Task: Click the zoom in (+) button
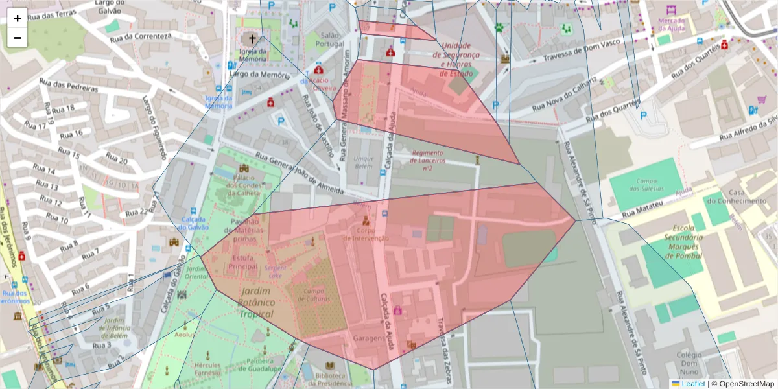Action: tap(18, 18)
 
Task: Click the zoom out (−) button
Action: tap(18, 38)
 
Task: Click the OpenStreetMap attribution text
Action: tap(743, 384)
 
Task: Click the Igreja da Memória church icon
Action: tap(252, 40)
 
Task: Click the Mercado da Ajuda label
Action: tap(672, 25)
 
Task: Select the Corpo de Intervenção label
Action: tap(366, 234)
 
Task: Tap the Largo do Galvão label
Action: tap(114, 7)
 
